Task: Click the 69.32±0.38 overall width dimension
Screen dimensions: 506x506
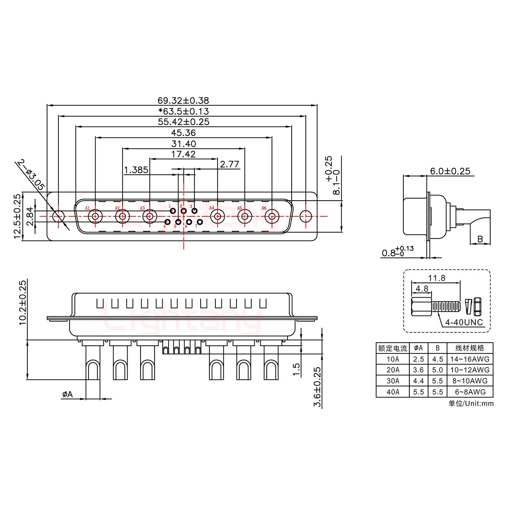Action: pos(183,101)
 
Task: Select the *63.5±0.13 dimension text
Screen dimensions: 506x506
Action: pos(183,111)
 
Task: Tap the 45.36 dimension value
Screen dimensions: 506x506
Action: pos(183,133)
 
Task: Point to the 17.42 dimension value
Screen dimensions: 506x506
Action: pos(183,154)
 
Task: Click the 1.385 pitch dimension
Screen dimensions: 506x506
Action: pos(136,170)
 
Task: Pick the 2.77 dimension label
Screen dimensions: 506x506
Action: pos(229,164)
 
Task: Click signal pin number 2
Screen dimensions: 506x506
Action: pos(184,211)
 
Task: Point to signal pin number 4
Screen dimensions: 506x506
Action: pos(168,222)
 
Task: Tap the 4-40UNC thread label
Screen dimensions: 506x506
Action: pos(464,322)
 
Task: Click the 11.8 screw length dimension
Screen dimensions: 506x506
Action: pos(437,278)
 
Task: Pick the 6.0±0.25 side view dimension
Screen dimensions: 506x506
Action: pos(450,171)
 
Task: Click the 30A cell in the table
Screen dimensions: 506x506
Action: pos(393,381)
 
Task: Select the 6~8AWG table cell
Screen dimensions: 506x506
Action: pos(469,392)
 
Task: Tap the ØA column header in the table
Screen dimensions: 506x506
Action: pos(419,348)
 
